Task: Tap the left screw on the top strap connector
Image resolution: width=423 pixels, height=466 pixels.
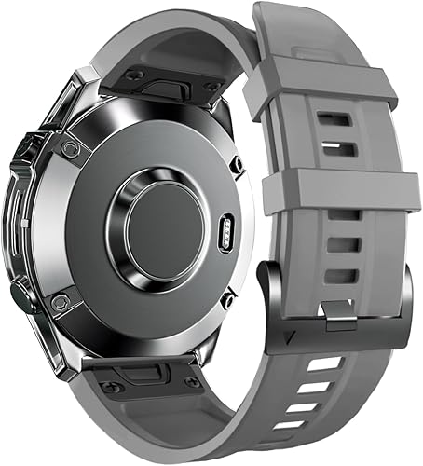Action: coord(134,74)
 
